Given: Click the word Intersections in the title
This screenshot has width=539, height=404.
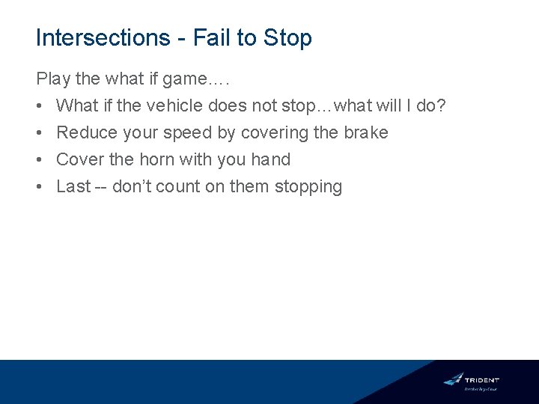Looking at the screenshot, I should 103,38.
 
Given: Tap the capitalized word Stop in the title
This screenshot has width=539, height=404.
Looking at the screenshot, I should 287,38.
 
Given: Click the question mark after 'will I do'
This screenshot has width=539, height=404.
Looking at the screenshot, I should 442,105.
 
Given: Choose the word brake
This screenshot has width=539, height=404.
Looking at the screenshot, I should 365,132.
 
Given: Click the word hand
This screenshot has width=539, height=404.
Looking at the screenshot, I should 271,159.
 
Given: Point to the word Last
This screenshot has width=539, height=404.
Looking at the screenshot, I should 73,186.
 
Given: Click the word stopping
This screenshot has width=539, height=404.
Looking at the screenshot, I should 308,186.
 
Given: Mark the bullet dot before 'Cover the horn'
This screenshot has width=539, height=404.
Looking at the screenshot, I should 40,159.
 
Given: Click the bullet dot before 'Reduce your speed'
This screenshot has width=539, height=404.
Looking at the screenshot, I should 40,132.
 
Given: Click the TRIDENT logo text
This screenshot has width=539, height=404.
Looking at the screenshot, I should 482,380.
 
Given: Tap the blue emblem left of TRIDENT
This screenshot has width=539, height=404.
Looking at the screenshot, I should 453,379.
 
